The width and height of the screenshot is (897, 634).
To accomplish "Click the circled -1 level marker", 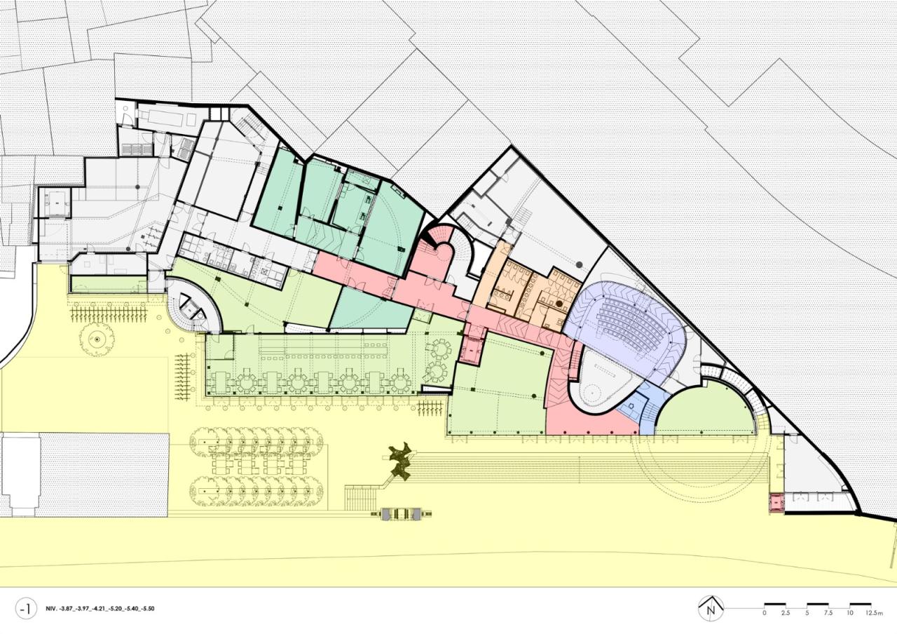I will tap(26, 609).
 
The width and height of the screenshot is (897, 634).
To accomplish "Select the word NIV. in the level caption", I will tap(51, 609).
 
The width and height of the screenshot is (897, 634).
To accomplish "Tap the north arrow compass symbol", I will tap(711, 607).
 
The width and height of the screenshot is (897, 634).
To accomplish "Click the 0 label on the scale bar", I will tap(765, 613).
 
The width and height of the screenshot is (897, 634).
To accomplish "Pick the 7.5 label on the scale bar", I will tap(828, 613).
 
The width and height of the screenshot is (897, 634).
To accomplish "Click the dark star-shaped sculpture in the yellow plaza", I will tap(398, 461).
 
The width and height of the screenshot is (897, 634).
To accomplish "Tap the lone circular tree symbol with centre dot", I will tap(96, 339).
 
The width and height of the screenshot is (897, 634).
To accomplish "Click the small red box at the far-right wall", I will tap(776, 502).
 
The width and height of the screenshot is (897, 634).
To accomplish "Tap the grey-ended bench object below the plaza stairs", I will tap(399, 514).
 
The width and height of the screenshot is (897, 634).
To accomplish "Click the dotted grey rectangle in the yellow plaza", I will tap(103, 475).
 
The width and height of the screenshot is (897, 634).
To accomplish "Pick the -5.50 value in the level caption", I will tap(146, 609).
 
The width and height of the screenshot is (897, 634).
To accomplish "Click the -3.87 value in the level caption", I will tap(69, 609).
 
